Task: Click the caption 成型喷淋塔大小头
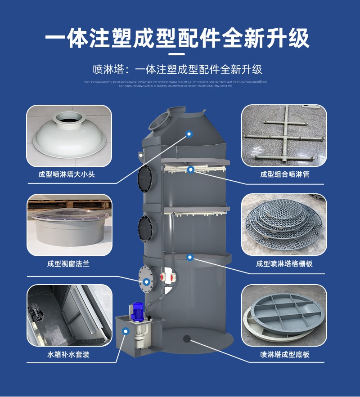point(67,174)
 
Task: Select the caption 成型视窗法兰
point(68,264)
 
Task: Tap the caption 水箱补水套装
point(68,354)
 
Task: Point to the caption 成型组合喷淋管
point(284,174)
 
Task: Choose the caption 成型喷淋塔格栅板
point(284,264)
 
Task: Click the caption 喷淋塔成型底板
point(284,354)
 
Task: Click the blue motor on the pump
point(138,311)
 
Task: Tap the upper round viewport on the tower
point(146,179)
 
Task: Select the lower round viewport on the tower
point(146,228)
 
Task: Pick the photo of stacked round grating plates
point(284,225)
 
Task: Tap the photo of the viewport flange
point(69,225)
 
